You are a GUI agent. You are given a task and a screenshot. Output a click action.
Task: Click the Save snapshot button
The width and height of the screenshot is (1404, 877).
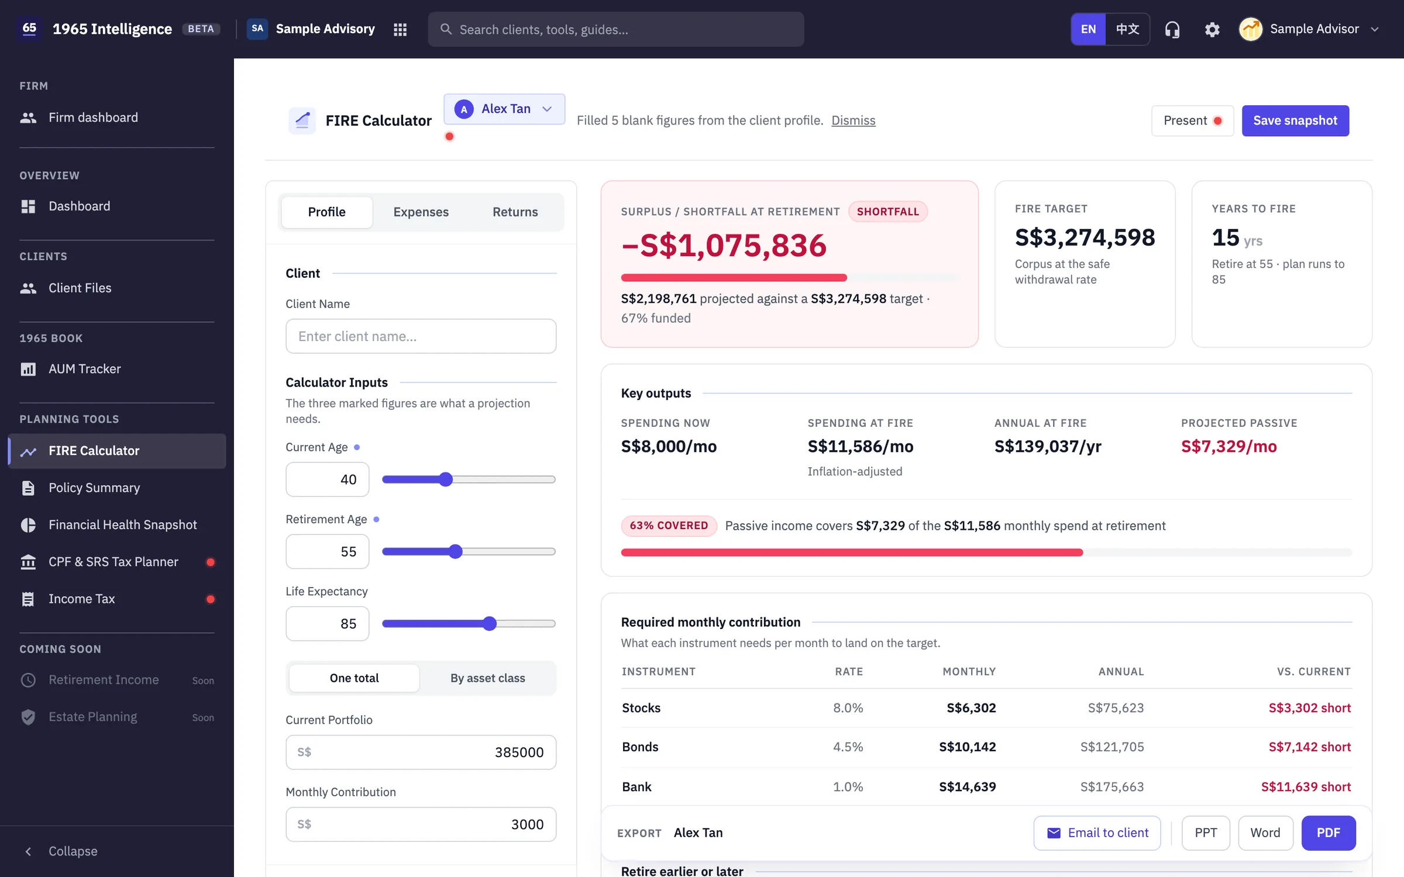(1295, 120)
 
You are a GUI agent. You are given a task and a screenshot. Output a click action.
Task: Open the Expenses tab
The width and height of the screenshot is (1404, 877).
(421, 212)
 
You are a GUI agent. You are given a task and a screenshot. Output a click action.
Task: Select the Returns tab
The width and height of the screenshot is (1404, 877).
(515, 212)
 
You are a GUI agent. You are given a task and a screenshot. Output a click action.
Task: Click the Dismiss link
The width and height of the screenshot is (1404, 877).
(853, 120)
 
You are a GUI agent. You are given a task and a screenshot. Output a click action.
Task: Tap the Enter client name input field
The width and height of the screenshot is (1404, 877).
(421, 336)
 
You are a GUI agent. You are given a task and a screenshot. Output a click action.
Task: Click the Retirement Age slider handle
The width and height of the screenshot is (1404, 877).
(456, 551)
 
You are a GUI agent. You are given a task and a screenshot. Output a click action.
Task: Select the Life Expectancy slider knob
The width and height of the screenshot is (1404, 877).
(490, 623)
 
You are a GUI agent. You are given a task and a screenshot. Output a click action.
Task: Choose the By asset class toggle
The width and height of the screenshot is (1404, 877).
(487, 678)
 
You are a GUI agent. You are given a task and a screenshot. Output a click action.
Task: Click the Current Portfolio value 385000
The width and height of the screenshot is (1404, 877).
(519, 752)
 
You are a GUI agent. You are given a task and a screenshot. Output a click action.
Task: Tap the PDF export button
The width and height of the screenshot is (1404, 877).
(1328, 833)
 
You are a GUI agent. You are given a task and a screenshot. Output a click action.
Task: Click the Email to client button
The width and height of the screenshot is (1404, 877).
(1097, 833)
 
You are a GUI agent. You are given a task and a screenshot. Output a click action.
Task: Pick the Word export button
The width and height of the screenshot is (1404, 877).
(1265, 833)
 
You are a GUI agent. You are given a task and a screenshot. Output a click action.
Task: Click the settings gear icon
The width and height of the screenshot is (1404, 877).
(1212, 29)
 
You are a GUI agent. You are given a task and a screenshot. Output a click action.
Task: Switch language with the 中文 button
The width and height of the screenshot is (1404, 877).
(1127, 29)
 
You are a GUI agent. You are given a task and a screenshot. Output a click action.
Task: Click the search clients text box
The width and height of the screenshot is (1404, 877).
(615, 29)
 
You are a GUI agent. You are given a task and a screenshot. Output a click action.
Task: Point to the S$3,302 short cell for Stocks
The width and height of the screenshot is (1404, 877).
(1309, 707)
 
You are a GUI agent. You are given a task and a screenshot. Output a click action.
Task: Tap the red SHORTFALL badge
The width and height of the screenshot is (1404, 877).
(887, 212)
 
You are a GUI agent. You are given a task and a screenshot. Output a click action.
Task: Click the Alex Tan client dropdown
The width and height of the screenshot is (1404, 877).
(504, 109)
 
